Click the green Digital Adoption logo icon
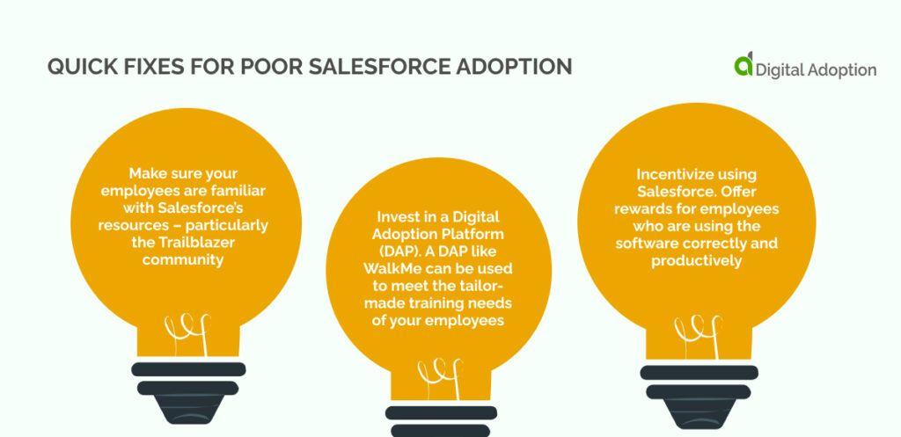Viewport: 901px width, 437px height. click(x=744, y=65)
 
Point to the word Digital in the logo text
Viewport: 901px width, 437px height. click(x=782, y=69)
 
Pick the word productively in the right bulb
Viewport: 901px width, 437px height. click(x=694, y=259)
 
